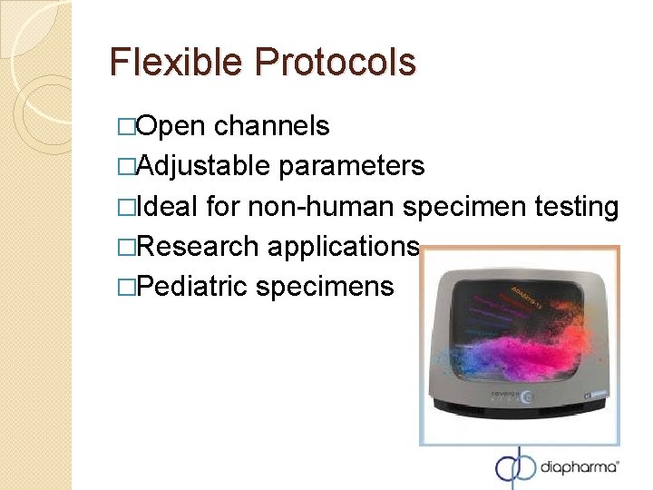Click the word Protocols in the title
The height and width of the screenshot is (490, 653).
(336, 63)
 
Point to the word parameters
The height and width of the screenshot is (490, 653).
(352, 166)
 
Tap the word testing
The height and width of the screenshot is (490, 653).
(577, 207)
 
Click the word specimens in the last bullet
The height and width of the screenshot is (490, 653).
(325, 287)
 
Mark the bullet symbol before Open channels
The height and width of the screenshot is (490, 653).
(123, 127)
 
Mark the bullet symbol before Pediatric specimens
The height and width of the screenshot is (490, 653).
(123, 288)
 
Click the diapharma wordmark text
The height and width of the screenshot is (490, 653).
(580, 468)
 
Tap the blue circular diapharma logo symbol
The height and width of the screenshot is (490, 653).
(515, 466)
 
